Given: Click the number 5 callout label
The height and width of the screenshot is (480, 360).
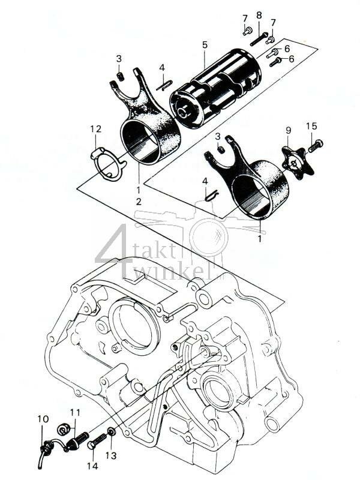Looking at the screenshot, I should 205,45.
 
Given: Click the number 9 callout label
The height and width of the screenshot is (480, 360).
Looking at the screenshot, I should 288,130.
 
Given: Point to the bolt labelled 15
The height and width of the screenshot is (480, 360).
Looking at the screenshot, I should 315,145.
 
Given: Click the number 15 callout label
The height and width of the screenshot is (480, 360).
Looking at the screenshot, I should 311,126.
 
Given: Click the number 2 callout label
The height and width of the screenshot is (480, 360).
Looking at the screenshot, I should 139,202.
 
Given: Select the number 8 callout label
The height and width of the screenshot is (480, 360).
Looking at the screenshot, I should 259,14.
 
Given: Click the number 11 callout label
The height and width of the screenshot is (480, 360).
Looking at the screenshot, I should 74,412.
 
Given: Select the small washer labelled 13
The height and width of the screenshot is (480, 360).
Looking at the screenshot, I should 112,432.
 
